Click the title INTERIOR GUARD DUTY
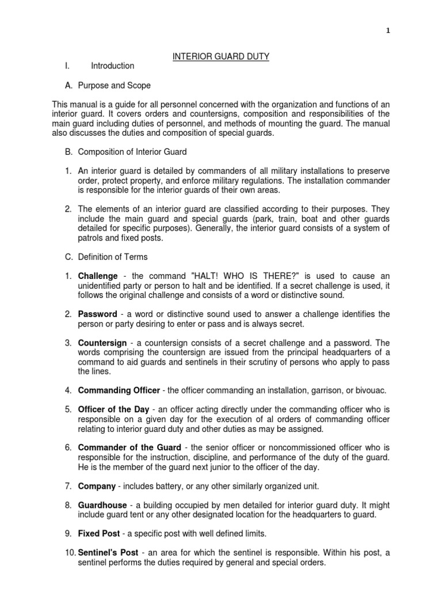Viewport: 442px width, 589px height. tap(222, 56)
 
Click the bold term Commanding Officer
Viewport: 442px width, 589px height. tap(119, 391)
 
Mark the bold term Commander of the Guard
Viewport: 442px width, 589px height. tap(121, 448)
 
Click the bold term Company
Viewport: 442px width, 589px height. tap(97, 486)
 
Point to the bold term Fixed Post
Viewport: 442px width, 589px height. tap(100, 534)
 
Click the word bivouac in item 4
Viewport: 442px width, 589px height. tap(357, 391)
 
